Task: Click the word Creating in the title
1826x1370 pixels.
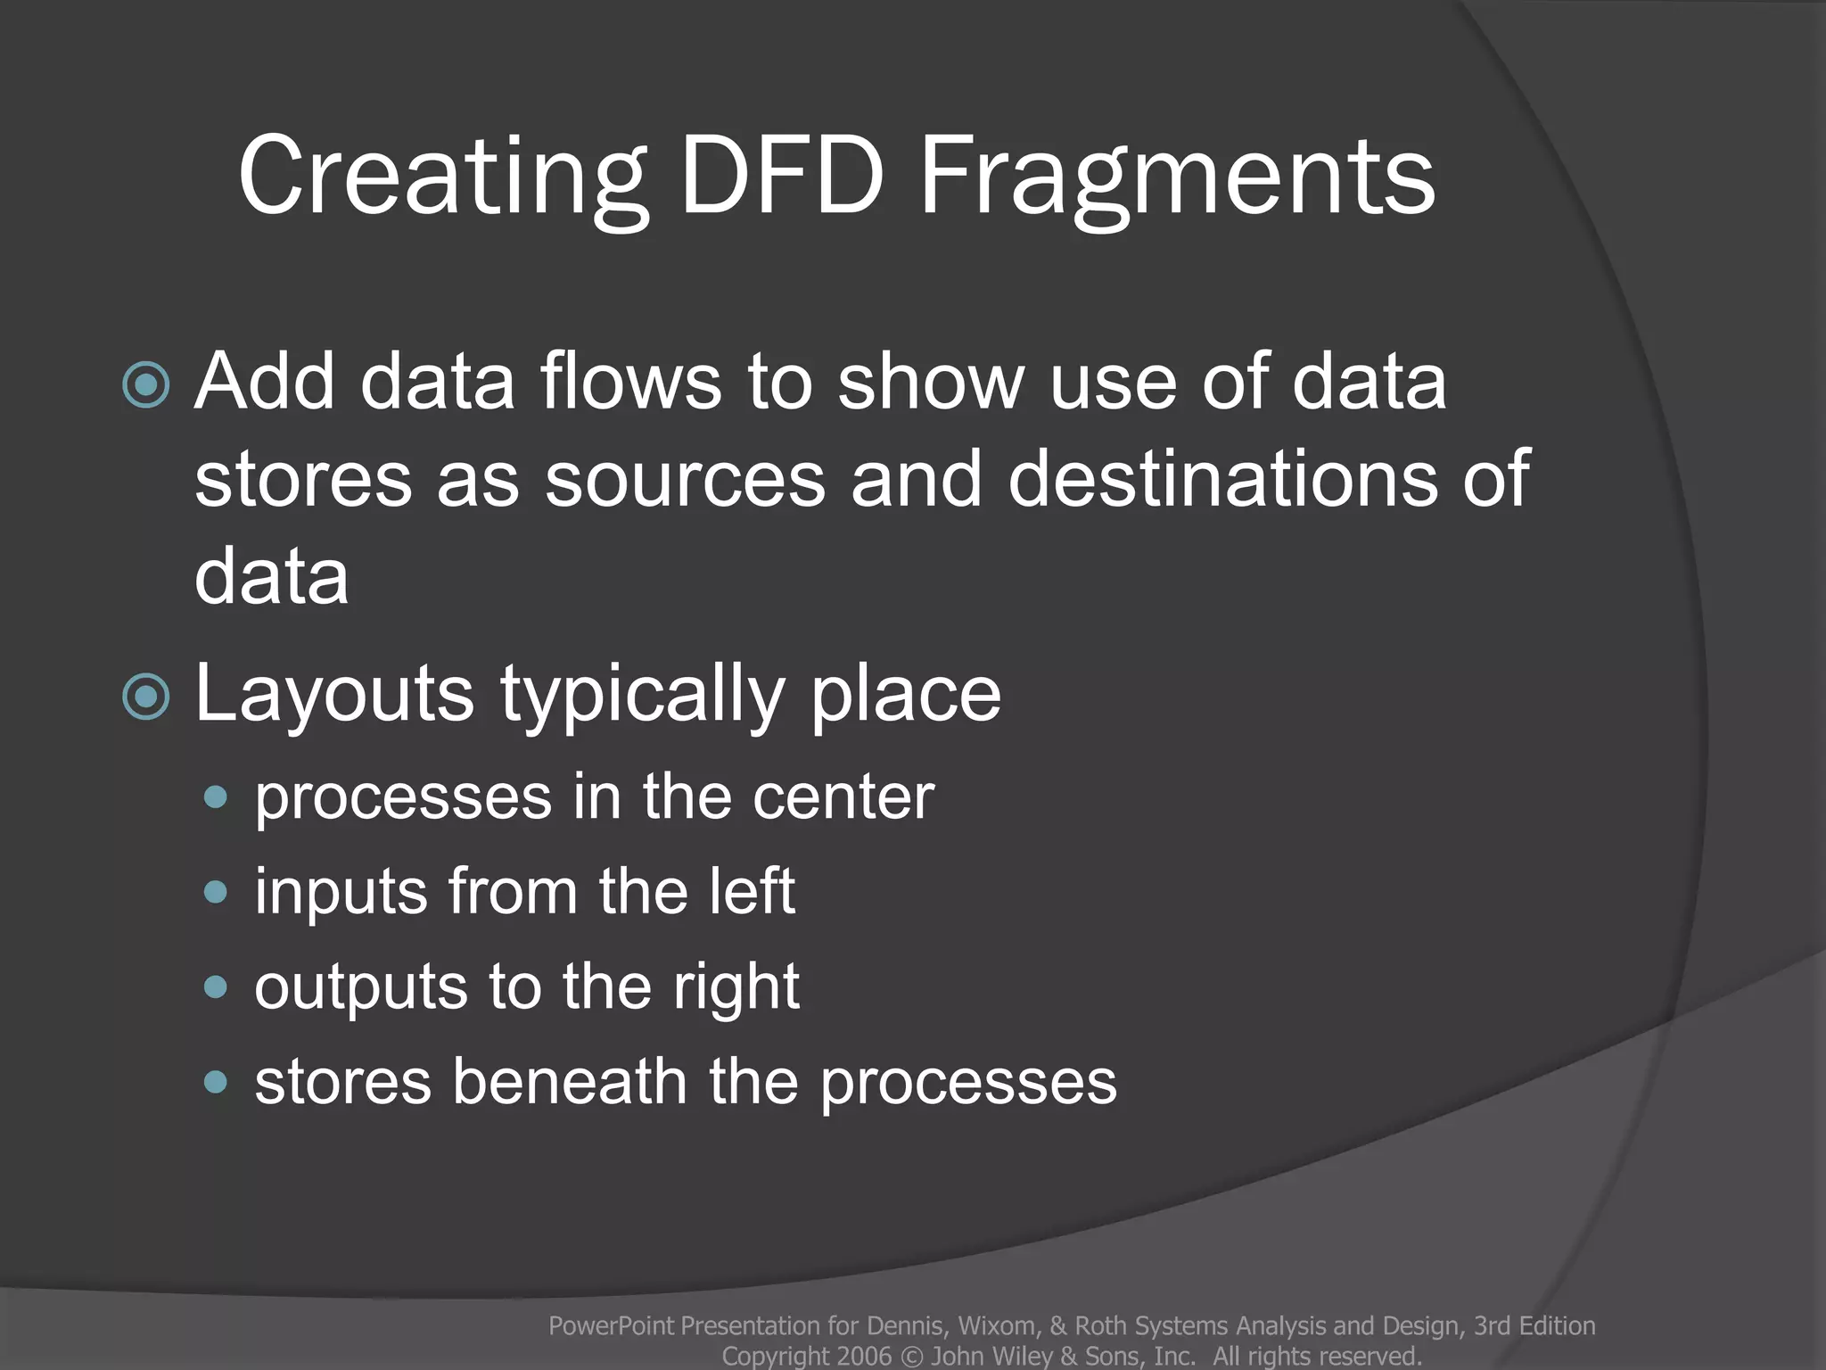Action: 440,176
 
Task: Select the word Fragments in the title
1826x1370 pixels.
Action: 1177,176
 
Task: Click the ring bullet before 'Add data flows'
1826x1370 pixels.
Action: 146,385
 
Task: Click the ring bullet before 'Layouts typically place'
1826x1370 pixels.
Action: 146,697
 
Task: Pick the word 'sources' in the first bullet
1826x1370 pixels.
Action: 685,479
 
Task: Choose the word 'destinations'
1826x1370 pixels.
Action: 1222,479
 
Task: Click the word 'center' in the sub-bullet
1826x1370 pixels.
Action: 843,796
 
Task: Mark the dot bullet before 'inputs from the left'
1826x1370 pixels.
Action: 216,892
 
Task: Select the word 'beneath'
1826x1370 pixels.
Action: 569,1082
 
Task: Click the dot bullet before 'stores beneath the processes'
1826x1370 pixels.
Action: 216,1083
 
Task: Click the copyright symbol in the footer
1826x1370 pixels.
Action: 911,1357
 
